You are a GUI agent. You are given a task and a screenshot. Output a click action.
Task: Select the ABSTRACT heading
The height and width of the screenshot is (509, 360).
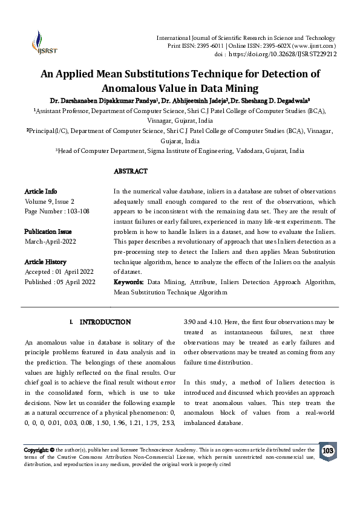(131, 172)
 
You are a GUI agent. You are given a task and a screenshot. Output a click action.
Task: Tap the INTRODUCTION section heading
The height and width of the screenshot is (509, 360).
(105, 322)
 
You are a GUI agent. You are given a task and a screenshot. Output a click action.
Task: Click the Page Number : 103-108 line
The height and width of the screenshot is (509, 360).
(56, 212)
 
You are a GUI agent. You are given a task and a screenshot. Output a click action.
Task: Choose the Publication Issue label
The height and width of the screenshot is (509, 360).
(48, 232)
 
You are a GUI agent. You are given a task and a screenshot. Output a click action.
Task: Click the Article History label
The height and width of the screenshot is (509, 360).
(45, 262)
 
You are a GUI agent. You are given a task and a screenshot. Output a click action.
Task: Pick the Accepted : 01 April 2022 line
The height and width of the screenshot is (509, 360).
(59, 271)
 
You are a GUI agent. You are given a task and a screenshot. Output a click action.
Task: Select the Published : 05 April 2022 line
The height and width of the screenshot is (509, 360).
(60, 282)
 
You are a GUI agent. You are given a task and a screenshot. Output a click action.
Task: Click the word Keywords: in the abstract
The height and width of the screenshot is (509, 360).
(128, 282)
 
